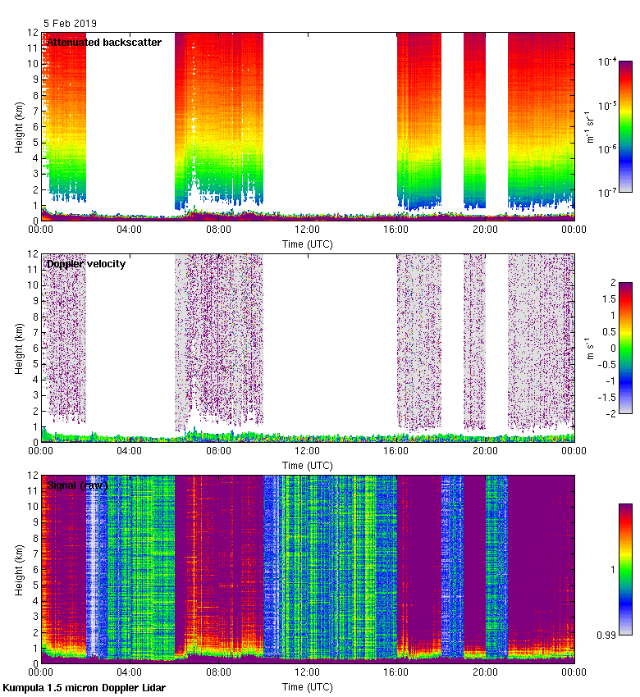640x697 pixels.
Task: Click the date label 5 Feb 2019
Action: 70,23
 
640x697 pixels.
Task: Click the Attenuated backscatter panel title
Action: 104,42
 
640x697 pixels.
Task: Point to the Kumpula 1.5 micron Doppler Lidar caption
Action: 84,688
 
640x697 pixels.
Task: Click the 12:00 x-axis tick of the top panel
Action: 307,230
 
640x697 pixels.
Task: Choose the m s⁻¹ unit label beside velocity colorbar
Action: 588,348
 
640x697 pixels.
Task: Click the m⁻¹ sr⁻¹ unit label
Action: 590,127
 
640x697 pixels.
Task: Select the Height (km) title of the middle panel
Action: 19,348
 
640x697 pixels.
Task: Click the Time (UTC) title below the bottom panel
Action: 308,686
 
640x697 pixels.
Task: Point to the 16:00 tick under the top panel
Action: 396,230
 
